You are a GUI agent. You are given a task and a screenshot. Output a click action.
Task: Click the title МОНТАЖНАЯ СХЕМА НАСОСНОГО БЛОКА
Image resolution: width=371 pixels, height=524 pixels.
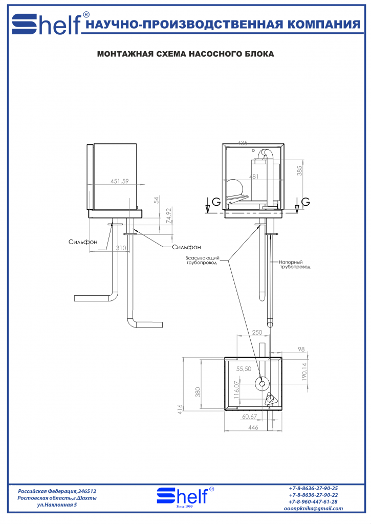[185, 53]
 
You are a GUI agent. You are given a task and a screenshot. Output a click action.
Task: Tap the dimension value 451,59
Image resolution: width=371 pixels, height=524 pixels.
[120, 181]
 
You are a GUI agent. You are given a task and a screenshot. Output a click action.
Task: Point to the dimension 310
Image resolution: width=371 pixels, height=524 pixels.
[121, 248]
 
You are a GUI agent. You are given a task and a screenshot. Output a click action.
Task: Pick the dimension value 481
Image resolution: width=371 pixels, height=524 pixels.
[254, 177]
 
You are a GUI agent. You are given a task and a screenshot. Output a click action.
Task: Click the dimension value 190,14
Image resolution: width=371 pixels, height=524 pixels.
[303, 373]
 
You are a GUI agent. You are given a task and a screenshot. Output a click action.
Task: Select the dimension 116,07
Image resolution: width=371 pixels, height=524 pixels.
[236, 390]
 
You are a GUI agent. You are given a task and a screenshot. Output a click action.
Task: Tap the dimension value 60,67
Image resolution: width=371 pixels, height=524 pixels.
[249, 416]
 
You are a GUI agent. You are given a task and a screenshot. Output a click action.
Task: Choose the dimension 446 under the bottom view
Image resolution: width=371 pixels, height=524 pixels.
[253, 427]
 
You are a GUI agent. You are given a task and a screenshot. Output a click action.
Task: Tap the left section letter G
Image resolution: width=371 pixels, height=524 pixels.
[216, 202]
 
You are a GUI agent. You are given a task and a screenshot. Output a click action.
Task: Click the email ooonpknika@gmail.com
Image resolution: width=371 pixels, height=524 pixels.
[313, 508]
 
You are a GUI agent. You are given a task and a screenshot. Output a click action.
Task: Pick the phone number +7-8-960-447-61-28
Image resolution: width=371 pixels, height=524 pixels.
[313, 501]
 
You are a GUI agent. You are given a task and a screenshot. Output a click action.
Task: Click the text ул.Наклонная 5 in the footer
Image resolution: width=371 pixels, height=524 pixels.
[57, 505]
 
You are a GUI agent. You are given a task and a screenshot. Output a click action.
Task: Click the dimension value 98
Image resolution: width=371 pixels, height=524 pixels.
[300, 349]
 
